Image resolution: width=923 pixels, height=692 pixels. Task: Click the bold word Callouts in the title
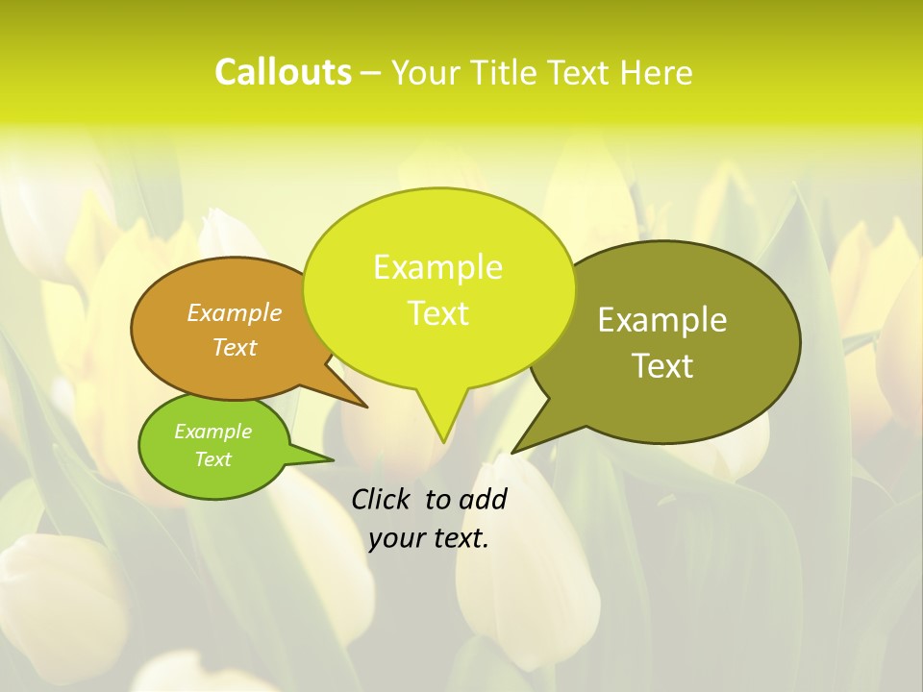tap(283, 72)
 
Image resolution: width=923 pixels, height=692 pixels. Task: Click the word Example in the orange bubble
tap(235, 312)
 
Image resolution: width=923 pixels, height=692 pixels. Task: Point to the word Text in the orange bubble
tap(235, 347)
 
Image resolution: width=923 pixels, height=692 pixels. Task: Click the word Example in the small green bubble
tap(212, 432)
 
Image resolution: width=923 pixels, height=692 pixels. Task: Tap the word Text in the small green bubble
tap(212, 459)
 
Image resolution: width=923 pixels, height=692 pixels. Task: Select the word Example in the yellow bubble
tap(437, 267)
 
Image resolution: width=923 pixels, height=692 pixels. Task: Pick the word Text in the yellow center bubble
tap(437, 313)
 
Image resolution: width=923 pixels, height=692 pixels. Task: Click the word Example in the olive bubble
tap(662, 320)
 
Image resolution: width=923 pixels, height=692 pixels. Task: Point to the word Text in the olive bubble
tap(662, 366)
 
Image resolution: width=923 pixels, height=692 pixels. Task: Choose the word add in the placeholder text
tap(483, 499)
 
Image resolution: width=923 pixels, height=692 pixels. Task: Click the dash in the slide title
tap(372, 74)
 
